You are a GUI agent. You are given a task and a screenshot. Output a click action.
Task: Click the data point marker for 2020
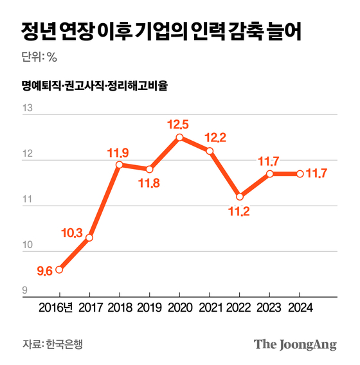179,137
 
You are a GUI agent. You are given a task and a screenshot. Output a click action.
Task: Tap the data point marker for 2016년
59,269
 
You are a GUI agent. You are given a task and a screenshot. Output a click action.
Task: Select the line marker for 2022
239,196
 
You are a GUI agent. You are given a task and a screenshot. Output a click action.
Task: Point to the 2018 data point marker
120,165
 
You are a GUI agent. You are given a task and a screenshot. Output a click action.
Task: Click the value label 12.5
179,123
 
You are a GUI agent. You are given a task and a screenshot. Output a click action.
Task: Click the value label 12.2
215,137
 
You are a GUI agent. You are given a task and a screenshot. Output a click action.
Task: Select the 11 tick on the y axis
28,200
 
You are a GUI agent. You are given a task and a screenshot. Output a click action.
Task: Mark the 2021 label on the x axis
209,308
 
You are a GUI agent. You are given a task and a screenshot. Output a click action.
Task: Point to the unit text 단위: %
40,57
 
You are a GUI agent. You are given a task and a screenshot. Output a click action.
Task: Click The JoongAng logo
295,344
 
